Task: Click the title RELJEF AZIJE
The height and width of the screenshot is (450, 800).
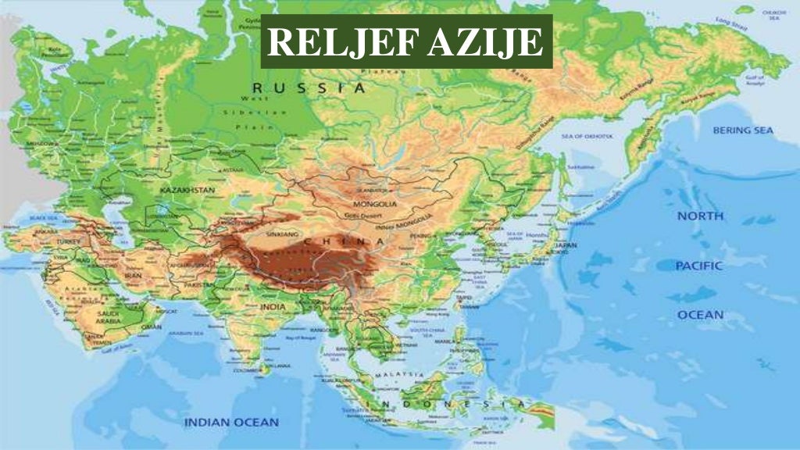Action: coord(406,42)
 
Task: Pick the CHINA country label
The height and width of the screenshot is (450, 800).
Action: coord(348,241)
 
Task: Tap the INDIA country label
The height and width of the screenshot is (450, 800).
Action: coord(273,307)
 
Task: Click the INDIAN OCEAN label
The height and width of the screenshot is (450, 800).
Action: coord(231,422)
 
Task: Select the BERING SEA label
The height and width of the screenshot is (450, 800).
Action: coord(742,130)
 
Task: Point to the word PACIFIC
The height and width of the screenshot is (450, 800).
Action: coord(699,266)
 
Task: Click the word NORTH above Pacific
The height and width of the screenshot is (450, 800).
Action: coord(700,216)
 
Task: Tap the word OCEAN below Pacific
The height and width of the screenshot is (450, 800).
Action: coord(700,315)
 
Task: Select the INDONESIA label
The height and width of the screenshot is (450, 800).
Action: coord(437,404)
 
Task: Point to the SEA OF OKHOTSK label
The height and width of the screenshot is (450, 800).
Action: coord(587,136)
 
